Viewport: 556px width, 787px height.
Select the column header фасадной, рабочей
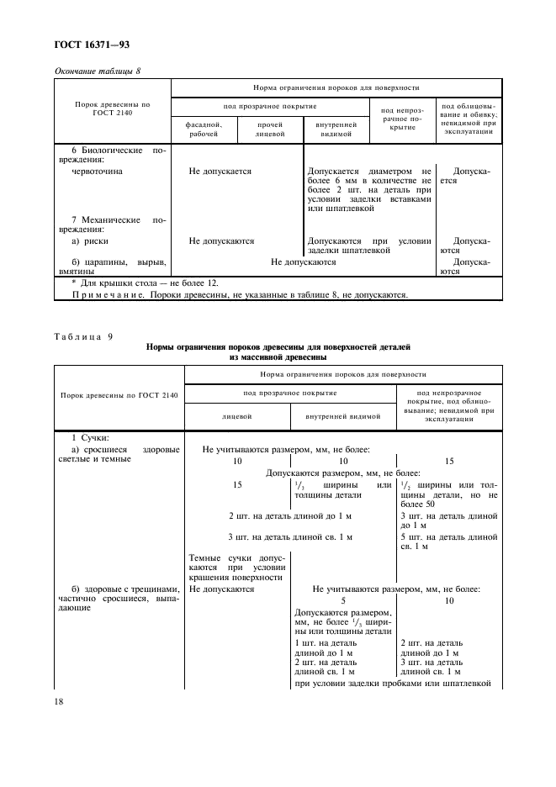204,128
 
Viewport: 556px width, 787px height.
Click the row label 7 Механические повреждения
112,224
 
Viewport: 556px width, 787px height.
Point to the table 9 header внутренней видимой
343,416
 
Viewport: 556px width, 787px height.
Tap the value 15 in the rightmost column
448,462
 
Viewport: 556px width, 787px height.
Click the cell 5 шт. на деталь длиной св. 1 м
451,541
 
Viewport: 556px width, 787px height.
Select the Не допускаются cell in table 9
222,589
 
